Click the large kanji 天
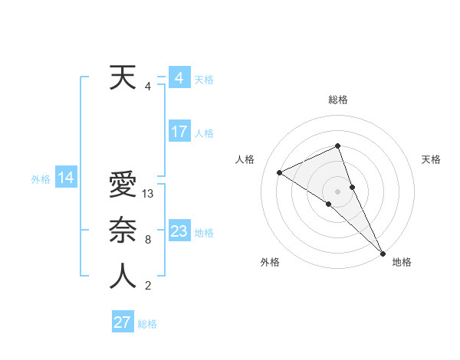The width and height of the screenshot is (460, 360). (x=123, y=77)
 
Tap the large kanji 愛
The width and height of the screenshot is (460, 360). (x=123, y=185)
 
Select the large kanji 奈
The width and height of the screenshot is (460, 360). (x=123, y=231)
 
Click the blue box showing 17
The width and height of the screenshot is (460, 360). (x=179, y=132)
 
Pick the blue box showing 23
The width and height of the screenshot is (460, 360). (x=179, y=231)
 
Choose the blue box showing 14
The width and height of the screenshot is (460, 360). (x=66, y=178)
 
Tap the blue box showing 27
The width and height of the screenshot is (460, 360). (x=123, y=322)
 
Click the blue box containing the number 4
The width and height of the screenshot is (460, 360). (x=179, y=77)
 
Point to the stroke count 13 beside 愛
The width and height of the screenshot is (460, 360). (x=149, y=195)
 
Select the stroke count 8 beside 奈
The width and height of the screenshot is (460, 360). (x=148, y=240)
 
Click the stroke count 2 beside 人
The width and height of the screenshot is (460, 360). (x=148, y=286)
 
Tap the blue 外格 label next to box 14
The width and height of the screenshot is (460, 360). (x=41, y=179)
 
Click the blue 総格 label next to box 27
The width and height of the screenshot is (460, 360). (x=147, y=324)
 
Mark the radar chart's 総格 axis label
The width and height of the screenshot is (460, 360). (x=338, y=100)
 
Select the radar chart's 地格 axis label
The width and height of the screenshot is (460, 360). (x=402, y=262)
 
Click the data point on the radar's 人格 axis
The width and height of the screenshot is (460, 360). (x=280, y=172)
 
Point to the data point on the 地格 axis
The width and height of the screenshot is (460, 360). (x=383, y=252)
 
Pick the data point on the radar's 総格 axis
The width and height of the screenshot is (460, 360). (x=338, y=146)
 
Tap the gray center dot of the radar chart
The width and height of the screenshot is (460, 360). (x=338, y=191)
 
